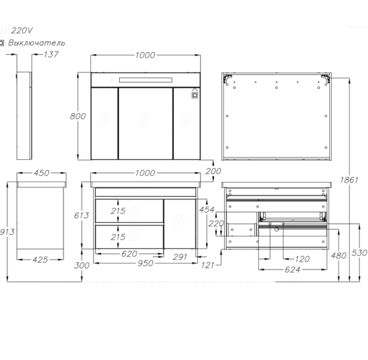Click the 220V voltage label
(22, 31)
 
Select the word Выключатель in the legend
(36, 43)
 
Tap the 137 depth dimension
(51, 54)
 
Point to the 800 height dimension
(78, 116)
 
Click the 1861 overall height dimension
(349, 180)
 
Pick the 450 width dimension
(41, 173)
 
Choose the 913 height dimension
(7, 232)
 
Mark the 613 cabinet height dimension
(82, 215)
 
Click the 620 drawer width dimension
(129, 254)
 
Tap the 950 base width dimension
(145, 263)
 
